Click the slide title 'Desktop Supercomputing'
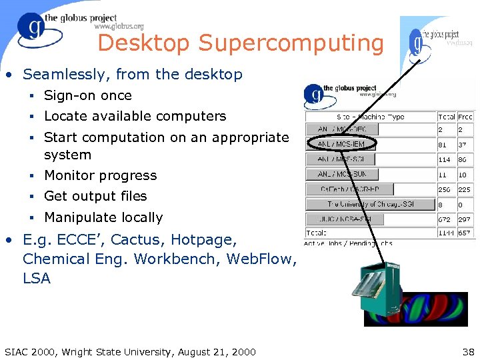tap(240, 43)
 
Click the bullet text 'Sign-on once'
tap(87, 95)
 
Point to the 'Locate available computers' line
tap(135, 116)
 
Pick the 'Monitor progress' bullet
tap(100, 175)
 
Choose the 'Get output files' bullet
tap(95, 196)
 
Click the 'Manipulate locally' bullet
tap(103, 217)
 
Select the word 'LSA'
tap(37, 278)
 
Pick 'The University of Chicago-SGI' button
tap(370, 204)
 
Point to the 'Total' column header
tap(446, 117)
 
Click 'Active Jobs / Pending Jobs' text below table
tap(348, 243)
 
